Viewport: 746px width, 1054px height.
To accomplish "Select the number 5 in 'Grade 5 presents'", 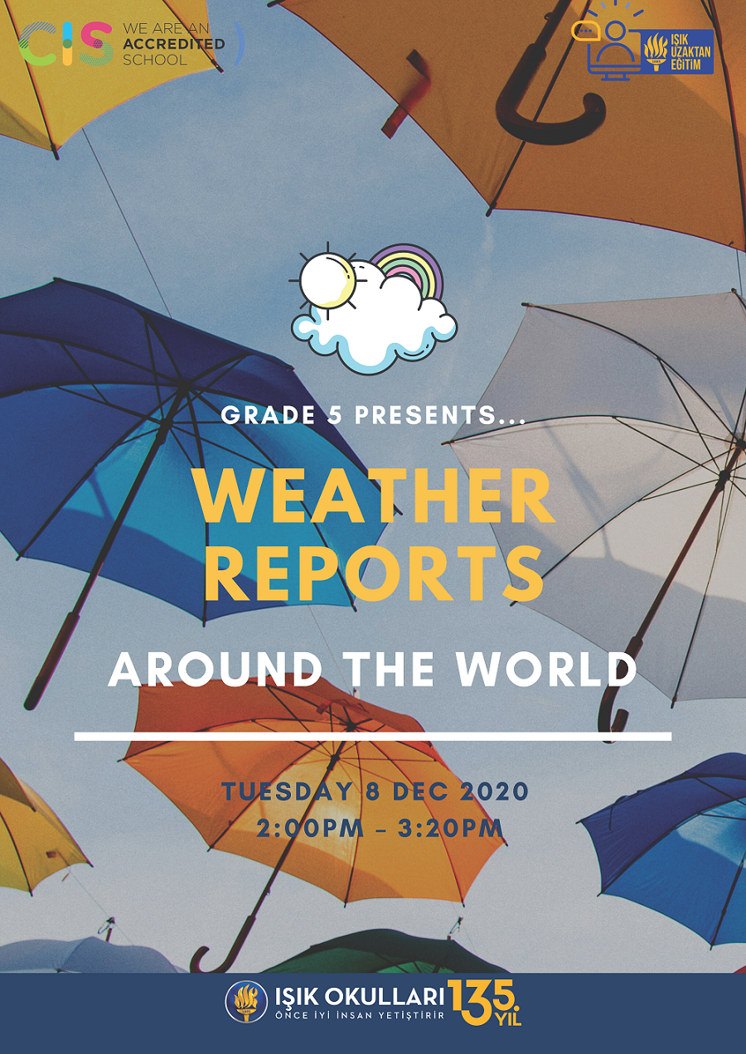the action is (335, 414).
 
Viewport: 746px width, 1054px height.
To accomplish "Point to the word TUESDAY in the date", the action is (287, 791).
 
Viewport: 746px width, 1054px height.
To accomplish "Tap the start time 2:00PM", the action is (311, 828).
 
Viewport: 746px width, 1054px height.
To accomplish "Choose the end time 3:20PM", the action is (451, 828).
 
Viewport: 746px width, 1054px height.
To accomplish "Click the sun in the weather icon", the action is (327, 281).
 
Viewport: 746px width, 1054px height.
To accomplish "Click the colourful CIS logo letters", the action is (65, 44).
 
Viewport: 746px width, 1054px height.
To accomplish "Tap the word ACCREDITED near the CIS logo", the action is (174, 44).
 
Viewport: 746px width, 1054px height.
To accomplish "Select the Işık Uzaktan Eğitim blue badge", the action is (678, 51).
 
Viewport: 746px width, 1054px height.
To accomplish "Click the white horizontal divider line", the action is (373, 736).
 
